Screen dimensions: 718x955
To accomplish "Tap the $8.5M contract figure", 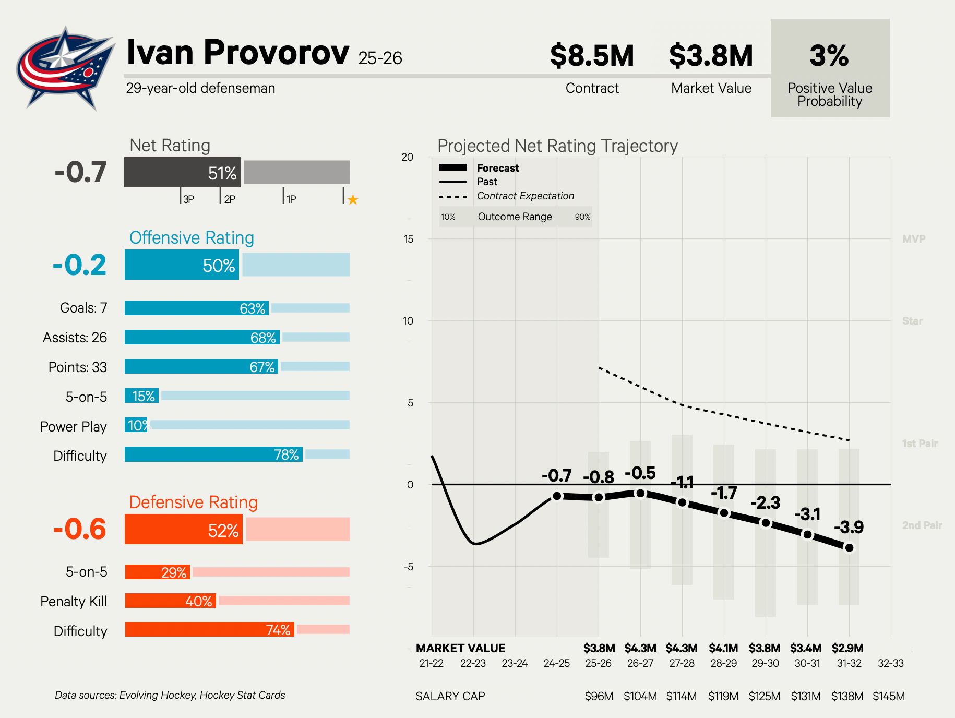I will pyautogui.click(x=592, y=56).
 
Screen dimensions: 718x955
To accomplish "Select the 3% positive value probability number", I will pyautogui.click(x=829, y=56).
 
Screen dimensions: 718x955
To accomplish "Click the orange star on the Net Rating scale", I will pyautogui.click(x=353, y=199).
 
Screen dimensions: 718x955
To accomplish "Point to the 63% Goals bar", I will pyautogui.click(x=197, y=308).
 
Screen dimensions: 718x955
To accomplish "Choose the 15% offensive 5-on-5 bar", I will pyautogui.click(x=141, y=396).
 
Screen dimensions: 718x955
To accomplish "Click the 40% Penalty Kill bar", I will pyautogui.click(x=171, y=601).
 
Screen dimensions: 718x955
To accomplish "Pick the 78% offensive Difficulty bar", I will pyautogui.click(x=213, y=454).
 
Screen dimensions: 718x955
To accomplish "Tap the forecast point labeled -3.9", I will pyautogui.click(x=849, y=548).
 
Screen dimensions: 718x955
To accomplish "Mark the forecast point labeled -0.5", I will pyautogui.click(x=640, y=493).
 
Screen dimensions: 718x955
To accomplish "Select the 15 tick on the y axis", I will pyautogui.click(x=408, y=239).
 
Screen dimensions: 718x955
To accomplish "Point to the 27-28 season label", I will pyautogui.click(x=682, y=663).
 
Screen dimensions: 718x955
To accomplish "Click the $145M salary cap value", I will pyautogui.click(x=889, y=696).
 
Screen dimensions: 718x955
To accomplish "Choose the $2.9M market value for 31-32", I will pyautogui.click(x=847, y=648).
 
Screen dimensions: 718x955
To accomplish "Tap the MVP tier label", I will pyautogui.click(x=914, y=239).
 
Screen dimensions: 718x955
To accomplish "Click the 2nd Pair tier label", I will pyautogui.click(x=922, y=525).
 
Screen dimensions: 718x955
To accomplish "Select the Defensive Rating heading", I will pyautogui.click(x=193, y=502).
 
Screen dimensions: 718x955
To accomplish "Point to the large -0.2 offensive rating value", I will pyautogui.click(x=79, y=265).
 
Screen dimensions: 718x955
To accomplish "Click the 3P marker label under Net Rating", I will pyautogui.click(x=188, y=199).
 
